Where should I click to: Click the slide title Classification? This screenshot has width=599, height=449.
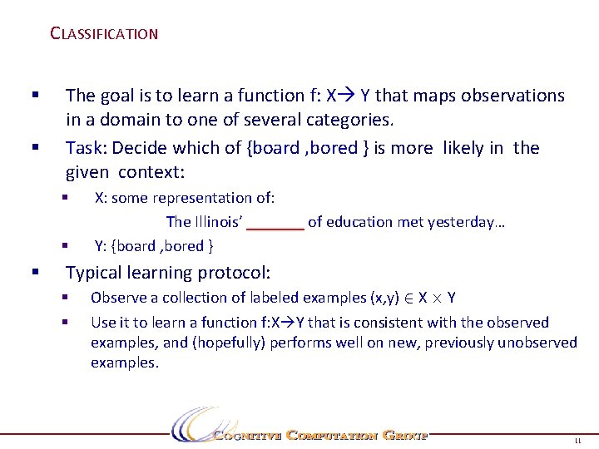[x=104, y=34]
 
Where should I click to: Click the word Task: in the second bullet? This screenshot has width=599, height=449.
[x=87, y=148]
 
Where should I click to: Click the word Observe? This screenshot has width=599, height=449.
[x=116, y=298]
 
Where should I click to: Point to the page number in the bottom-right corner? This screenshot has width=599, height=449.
[x=576, y=442]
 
